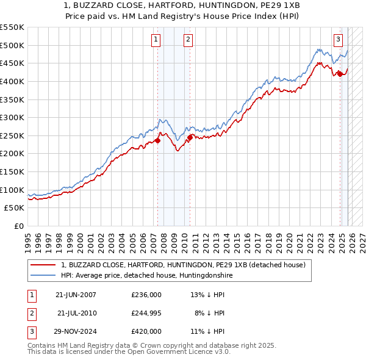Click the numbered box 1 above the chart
(x=156, y=40)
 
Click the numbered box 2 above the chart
(x=188, y=40)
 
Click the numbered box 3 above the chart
(x=338, y=40)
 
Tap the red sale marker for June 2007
(x=157, y=140)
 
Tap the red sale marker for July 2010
(x=190, y=137)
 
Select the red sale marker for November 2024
(x=340, y=74)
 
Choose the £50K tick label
(x=15, y=208)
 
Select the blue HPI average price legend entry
(x=146, y=276)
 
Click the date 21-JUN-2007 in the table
(x=76, y=295)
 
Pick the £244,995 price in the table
(x=146, y=313)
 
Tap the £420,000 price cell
(x=146, y=331)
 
